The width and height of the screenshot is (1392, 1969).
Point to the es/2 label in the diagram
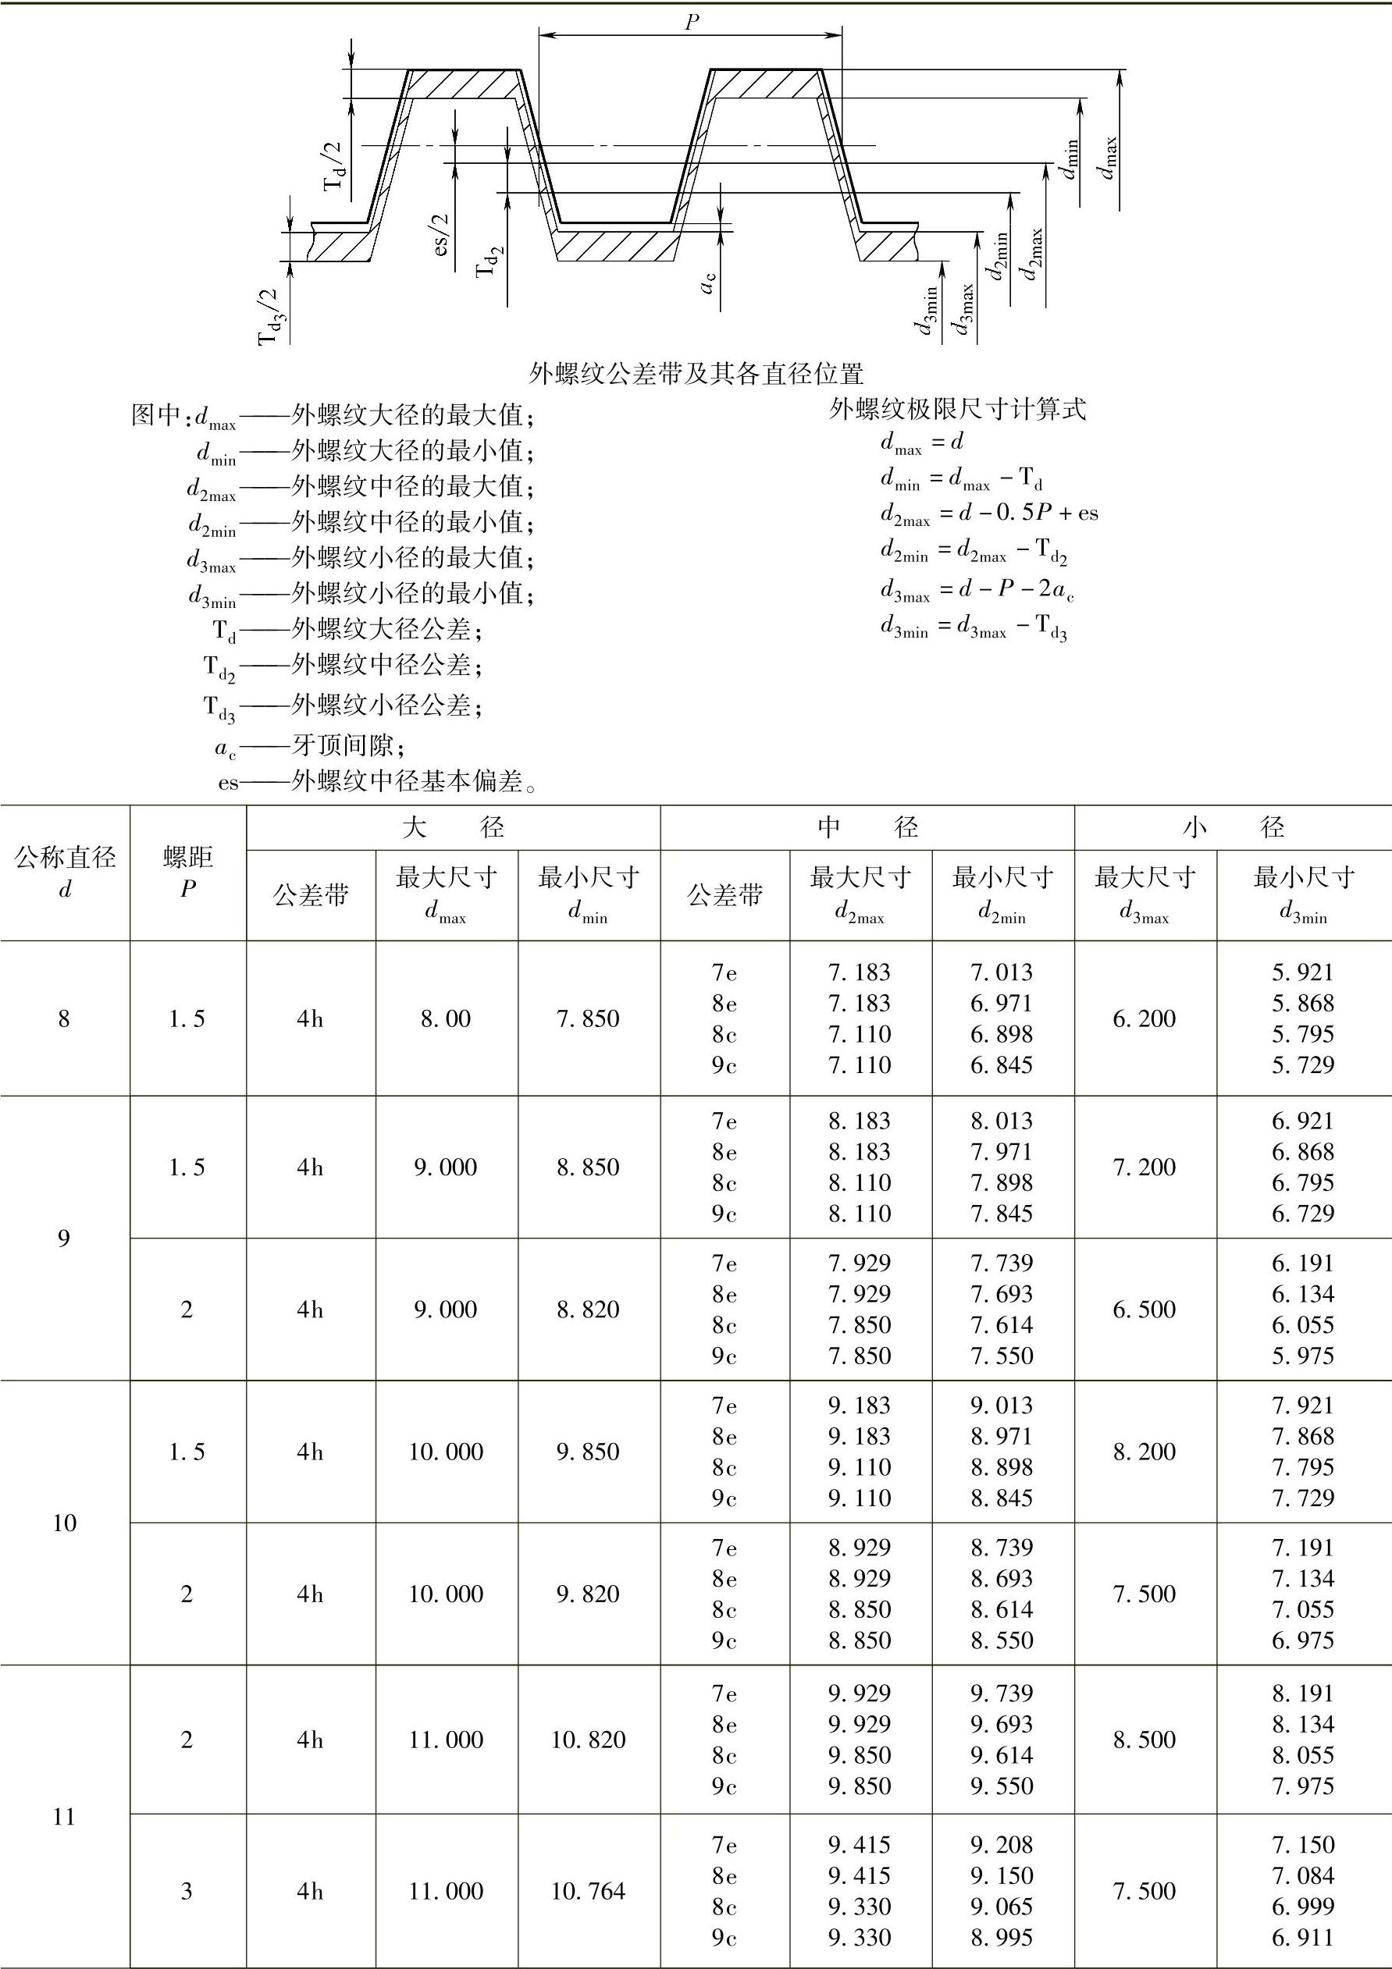point(442,235)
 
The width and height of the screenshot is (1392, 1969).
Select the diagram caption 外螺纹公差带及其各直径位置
point(696,374)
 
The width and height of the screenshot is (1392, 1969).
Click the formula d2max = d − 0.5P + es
point(988,514)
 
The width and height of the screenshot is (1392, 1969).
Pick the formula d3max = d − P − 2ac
point(976,591)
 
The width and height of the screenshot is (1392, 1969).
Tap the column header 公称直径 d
point(65,873)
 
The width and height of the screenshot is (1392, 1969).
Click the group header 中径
point(867,827)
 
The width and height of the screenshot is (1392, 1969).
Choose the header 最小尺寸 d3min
point(1304,895)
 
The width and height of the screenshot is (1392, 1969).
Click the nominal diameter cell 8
point(64,1018)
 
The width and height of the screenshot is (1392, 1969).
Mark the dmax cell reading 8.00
point(446,1018)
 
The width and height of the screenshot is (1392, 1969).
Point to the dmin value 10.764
point(589,1891)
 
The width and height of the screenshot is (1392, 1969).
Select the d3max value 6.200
point(1145,1018)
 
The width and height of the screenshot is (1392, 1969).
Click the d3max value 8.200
point(1145,1452)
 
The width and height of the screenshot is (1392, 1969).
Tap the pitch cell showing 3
point(187,1891)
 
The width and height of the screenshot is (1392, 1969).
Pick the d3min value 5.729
point(1304,1065)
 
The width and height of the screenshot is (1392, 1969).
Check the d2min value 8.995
point(1002,1937)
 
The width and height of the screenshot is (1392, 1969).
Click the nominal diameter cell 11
point(64,1816)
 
